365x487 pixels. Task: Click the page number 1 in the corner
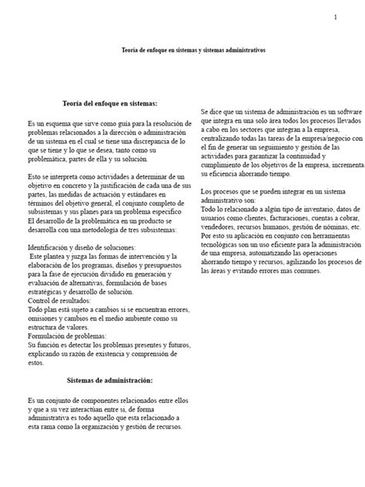click(335, 18)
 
